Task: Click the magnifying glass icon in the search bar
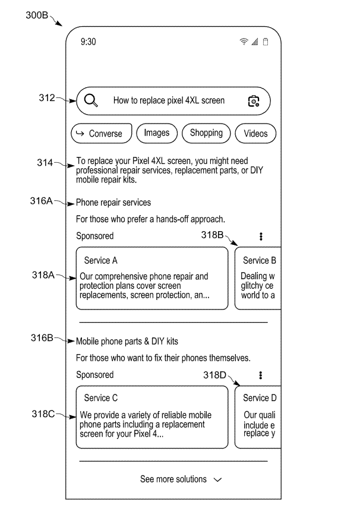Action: tap(91, 100)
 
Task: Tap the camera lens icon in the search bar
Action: tap(254, 101)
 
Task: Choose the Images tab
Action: tap(157, 133)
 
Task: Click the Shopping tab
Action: tap(206, 133)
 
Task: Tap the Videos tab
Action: tap(256, 134)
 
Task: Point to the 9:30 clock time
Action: tap(89, 42)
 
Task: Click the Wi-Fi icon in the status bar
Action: tap(244, 42)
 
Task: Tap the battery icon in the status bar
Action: tap(266, 42)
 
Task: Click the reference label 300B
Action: tap(37, 16)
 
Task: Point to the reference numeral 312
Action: tap(46, 98)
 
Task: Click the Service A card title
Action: tap(100, 260)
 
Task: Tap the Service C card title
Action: tap(100, 398)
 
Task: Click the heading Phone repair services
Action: tap(113, 203)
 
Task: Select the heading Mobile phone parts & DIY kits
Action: tap(127, 342)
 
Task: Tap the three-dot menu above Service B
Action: tap(261, 236)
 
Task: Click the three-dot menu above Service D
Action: tap(261, 375)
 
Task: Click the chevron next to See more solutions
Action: tap(217, 479)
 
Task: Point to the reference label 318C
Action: tap(43, 414)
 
